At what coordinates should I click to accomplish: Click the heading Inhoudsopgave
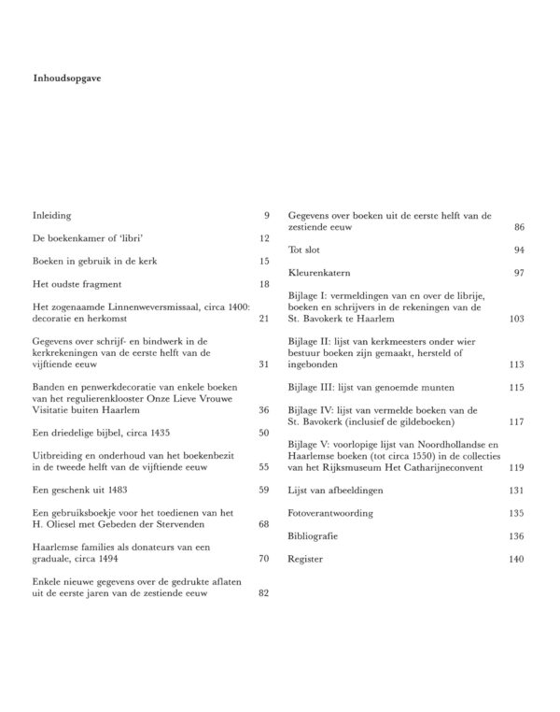[65, 78]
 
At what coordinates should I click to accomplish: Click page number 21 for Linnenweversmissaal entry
[263, 319]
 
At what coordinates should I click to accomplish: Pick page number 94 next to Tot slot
[518, 250]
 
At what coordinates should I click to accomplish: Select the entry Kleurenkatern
[319, 273]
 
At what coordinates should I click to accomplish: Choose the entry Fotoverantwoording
[330, 514]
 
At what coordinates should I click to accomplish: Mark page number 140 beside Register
[515, 559]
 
